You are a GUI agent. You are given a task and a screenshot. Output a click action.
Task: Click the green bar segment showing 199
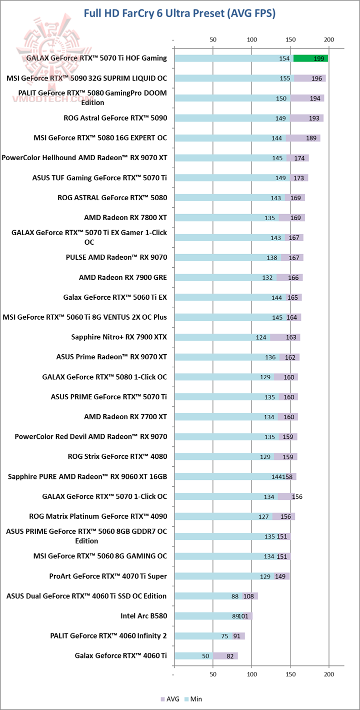pos(310,59)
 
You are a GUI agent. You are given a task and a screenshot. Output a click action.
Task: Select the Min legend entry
pos(192,698)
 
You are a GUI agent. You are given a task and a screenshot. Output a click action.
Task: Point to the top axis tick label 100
pos(251,40)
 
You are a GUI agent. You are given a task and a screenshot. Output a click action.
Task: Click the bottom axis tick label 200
pos(328,676)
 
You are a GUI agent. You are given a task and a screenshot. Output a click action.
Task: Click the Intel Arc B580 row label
pos(143,616)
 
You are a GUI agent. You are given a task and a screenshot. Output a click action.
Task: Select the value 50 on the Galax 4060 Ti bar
pos(205,656)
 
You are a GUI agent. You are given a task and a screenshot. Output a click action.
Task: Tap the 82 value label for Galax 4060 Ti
pos(229,656)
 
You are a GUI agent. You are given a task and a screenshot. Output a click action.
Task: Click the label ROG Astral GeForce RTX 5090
pos(115,118)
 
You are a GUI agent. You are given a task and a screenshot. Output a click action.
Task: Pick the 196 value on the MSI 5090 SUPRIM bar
pos(316,79)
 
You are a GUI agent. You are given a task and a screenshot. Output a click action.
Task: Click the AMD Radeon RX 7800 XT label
pos(125,218)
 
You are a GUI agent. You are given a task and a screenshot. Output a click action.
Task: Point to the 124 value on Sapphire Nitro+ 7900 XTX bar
pos(261,337)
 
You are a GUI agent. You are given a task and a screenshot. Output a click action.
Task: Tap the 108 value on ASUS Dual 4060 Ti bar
pos(249,596)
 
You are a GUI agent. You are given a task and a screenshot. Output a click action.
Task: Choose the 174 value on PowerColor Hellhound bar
pos(300,158)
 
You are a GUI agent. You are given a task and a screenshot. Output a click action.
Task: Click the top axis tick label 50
pos(212,40)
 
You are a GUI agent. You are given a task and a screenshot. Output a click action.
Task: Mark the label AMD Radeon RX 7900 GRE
pos(123,277)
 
